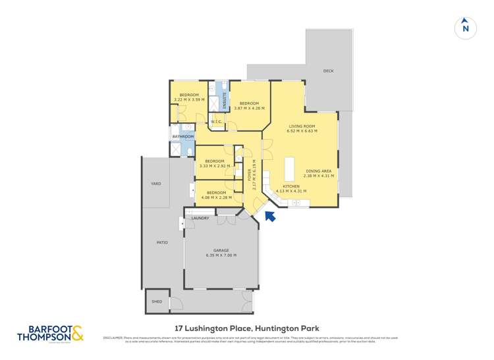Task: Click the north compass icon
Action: pyautogui.click(x=466, y=27)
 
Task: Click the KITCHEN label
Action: pyautogui.click(x=291, y=187)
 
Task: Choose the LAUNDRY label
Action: pyautogui.click(x=200, y=218)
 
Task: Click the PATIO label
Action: pyautogui.click(x=162, y=243)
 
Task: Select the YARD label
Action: pyautogui.click(x=156, y=184)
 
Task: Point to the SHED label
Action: pyautogui.click(x=157, y=301)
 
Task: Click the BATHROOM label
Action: pyautogui.click(x=183, y=136)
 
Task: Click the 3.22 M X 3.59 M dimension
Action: pyautogui.click(x=189, y=99)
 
